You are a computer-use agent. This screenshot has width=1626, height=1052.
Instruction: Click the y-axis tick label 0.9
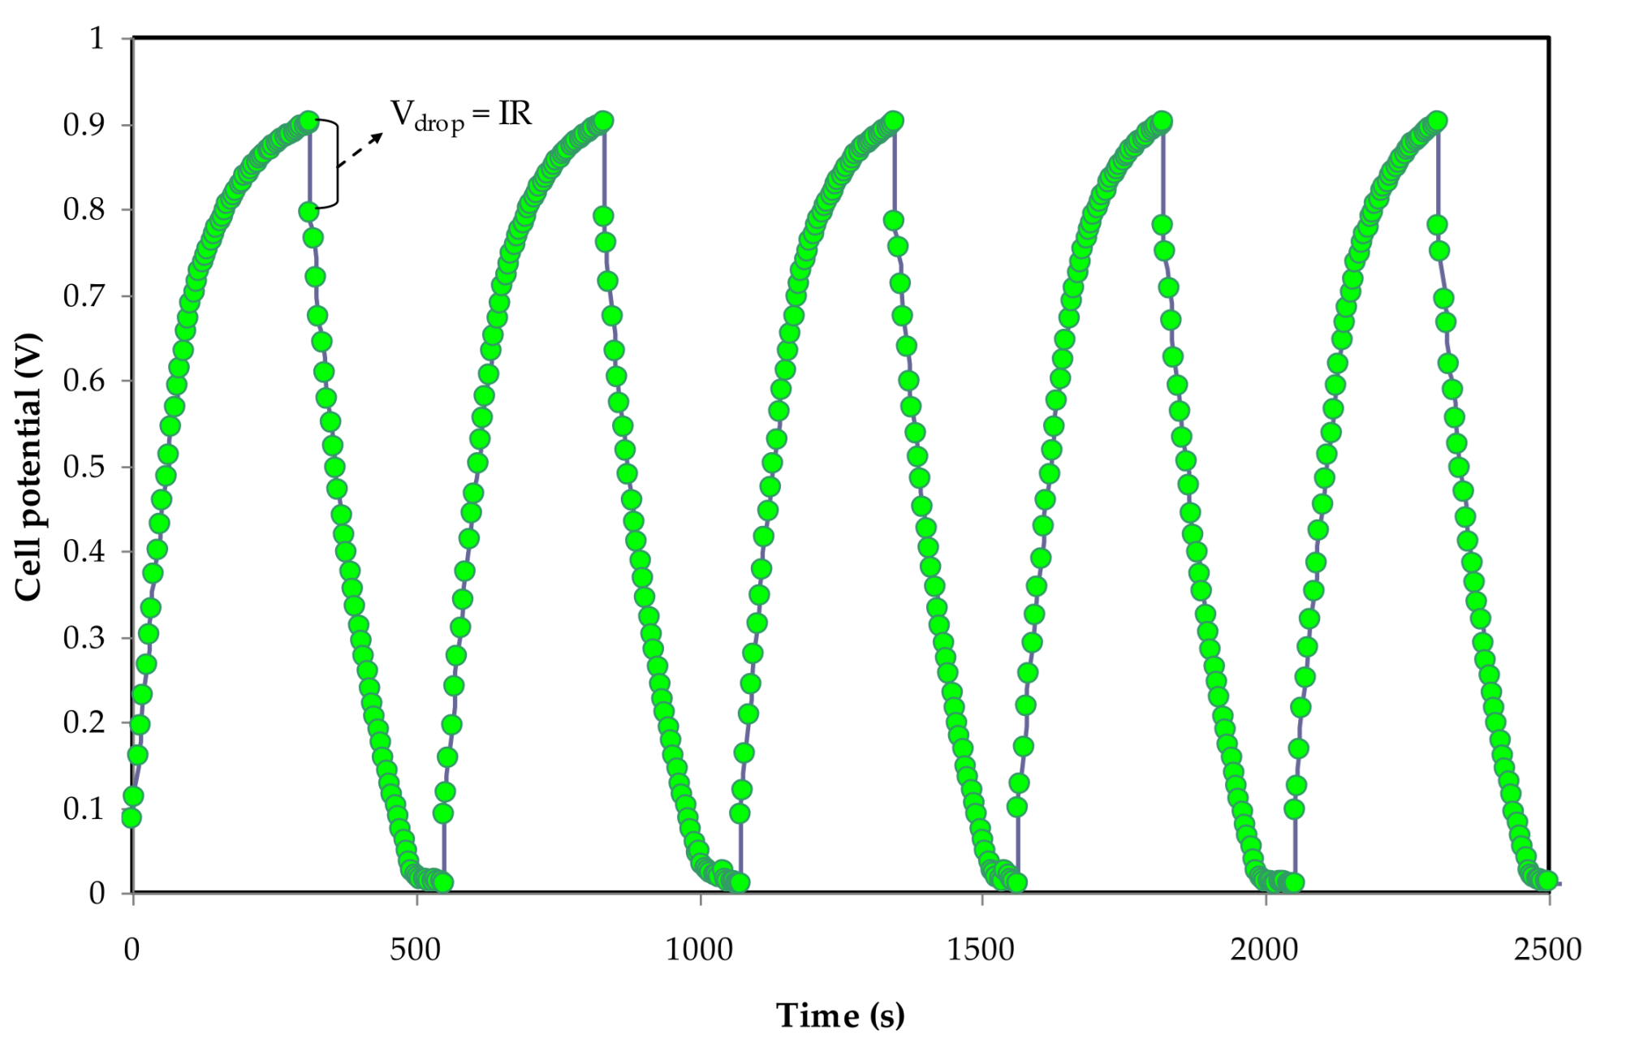coord(84,124)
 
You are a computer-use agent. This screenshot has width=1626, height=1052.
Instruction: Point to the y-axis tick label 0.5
coord(84,467)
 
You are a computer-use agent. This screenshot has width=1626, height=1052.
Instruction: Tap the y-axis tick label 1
coord(97,38)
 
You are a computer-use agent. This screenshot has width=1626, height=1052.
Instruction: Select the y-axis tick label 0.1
coord(84,808)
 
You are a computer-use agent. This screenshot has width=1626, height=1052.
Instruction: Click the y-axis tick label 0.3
coord(84,638)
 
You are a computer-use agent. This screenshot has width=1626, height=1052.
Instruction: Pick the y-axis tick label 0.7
coord(84,295)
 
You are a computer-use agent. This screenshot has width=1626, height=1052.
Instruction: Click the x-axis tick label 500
coord(415,949)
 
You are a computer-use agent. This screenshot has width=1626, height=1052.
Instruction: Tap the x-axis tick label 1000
coord(698,949)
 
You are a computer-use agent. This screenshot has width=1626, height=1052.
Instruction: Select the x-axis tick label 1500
coord(981,949)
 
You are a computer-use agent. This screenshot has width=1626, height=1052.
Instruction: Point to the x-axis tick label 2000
coord(1264,949)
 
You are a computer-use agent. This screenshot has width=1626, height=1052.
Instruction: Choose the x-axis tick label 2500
coord(1547,949)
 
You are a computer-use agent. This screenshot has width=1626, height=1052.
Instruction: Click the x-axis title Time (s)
coord(839,1015)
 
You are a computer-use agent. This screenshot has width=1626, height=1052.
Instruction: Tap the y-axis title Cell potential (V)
coord(29,467)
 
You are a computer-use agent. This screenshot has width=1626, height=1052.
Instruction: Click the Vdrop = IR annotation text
coord(461,115)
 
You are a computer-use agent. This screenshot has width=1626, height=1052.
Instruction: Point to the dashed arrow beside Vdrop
coord(360,150)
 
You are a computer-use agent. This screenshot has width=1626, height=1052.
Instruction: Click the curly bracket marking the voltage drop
coord(333,162)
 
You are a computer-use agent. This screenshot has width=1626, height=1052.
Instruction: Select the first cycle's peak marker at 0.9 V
coord(308,122)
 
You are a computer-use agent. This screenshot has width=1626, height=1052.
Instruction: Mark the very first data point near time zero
coord(131,817)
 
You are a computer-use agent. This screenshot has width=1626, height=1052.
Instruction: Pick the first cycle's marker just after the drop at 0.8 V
coord(308,212)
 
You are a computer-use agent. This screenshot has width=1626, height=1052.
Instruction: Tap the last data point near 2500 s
coord(1547,881)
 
